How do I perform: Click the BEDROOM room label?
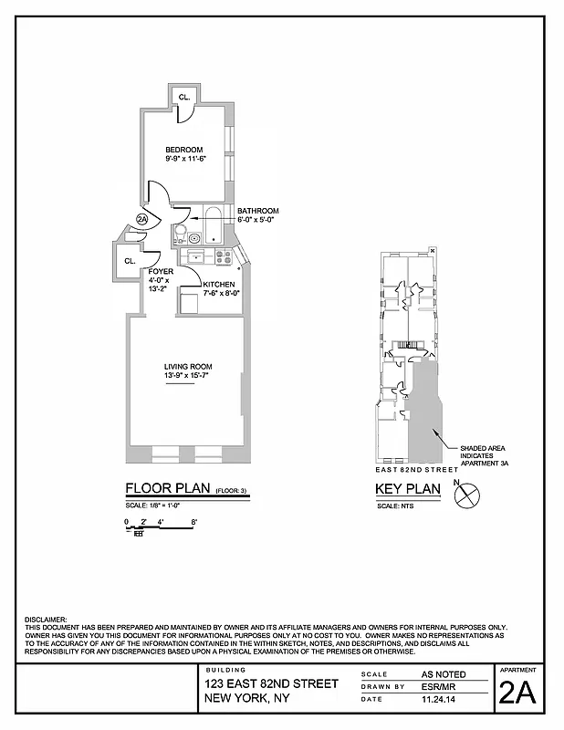pyautogui.click(x=183, y=150)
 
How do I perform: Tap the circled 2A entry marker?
pyautogui.click(x=141, y=219)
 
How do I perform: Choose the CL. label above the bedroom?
pyautogui.click(x=183, y=97)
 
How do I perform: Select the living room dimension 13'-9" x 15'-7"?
pyautogui.click(x=187, y=376)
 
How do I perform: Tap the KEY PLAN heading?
pyautogui.click(x=408, y=489)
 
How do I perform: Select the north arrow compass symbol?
pyautogui.click(x=467, y=496)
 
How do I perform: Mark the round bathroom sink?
pyautogui.click(x=193, y=237)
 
